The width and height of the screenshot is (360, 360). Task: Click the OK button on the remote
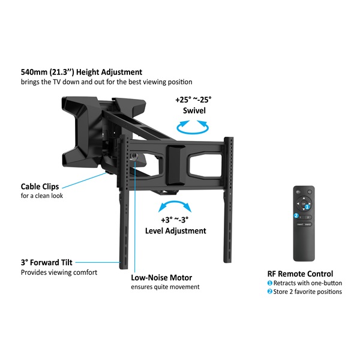pos(304,203)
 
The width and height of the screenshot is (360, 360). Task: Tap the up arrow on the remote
pos(304,198)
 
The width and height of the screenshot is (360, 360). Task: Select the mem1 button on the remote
pos(300,224)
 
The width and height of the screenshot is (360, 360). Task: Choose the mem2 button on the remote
pos(308,224)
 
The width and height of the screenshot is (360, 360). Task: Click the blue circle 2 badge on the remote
pos(296,215)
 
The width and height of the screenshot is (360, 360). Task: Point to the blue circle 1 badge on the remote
pos(307,206)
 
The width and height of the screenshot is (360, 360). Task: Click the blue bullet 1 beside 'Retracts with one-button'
pos(270,283)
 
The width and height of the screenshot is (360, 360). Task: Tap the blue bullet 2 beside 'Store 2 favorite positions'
pos(270,292)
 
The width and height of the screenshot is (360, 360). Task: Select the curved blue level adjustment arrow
pos(175,203)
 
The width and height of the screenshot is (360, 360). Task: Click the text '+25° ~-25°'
pos(193,100)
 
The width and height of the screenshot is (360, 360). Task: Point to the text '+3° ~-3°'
pos(175,220)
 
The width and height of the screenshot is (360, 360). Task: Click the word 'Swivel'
pos(194,110)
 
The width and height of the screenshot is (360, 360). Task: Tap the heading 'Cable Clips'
pos(40,187)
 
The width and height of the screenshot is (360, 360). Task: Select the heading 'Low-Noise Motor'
pos(161,278)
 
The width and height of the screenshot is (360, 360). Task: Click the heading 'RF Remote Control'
pos(300,274)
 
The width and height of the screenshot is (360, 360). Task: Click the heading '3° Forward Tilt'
pos(47,262)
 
